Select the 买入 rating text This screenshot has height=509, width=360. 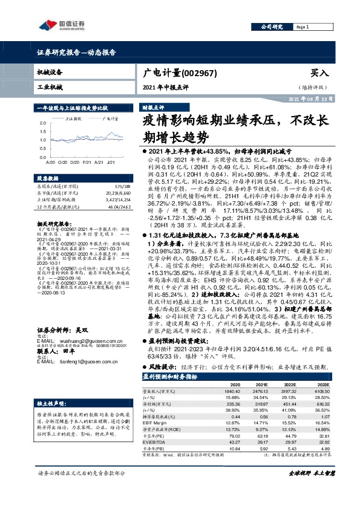click(318, 73)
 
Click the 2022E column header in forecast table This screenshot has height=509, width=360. click(290, 384)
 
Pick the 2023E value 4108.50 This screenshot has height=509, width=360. click(321, 391)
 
